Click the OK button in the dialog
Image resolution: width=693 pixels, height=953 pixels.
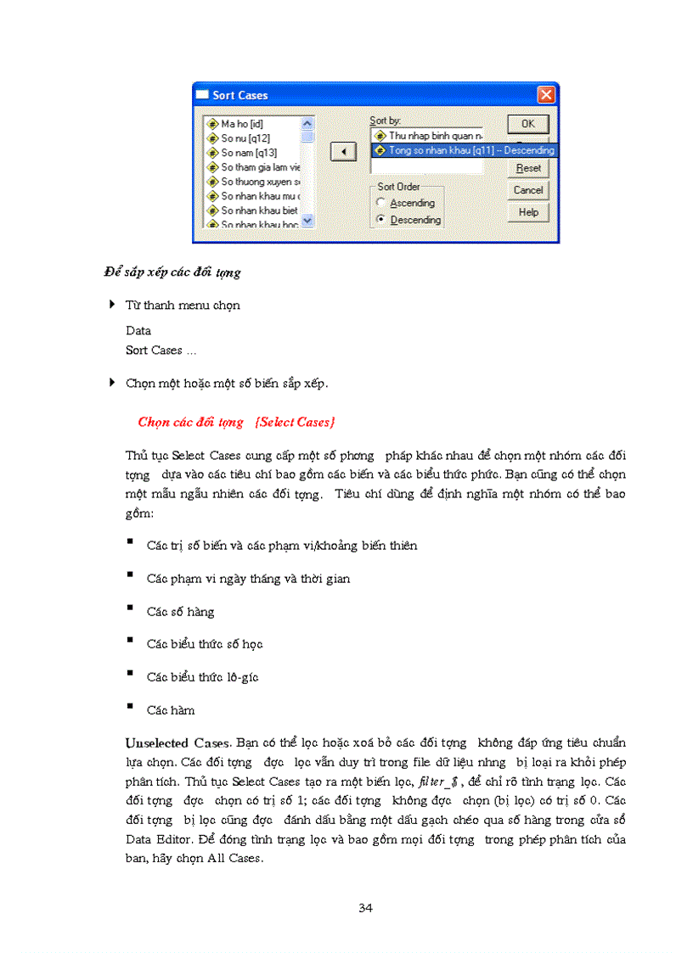click(527, 124)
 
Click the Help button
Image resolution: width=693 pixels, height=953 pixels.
click(527, 212)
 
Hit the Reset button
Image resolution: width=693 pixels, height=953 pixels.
click(527, 168)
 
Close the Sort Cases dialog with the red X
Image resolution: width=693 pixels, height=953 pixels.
click(545, 95)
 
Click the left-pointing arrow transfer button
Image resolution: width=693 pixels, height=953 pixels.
click(342, 151)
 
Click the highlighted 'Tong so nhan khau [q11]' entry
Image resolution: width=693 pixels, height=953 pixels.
click(463, 150)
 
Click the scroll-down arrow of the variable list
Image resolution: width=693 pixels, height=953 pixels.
click(307, 220)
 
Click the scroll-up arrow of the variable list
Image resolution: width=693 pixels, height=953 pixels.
click(307, 123)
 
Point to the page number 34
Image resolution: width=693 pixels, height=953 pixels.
click(365, 908)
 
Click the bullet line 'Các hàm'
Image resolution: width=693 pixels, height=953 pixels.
click(171, 709)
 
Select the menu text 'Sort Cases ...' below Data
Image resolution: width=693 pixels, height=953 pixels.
click(161, 350)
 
